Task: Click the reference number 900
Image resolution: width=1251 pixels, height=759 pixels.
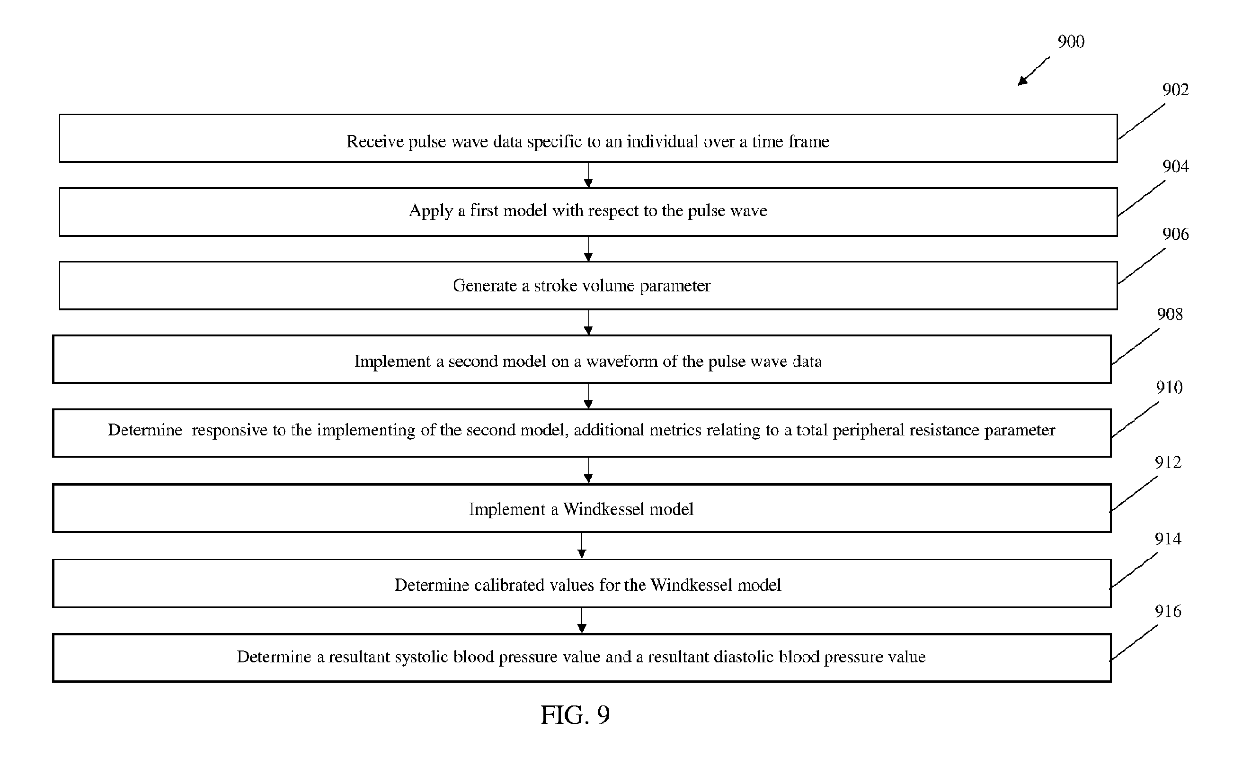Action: pyautogui.click(x=1071, y=41)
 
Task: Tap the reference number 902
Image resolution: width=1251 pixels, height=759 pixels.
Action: pyautogui.click(x=1175, y=90)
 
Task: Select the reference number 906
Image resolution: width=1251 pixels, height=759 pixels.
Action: pyautogui.click(x=1175, y=234)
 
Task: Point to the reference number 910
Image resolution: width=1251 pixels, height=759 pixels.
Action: pyautogui.click(x=1169, y=388)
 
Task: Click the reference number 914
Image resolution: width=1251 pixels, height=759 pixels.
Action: pyautogui.click(x=1168, y=539)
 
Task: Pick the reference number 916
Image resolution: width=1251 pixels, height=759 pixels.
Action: pyautogui.click(x=1168, y=611)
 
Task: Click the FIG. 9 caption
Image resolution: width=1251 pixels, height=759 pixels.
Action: pyautogui.click(x=575, y=715)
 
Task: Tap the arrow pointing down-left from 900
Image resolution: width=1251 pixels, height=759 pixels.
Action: pyautogui.click(x=1033, y=72)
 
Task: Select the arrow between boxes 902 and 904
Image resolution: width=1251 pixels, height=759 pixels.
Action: pyautogui.click(x=588, y=175)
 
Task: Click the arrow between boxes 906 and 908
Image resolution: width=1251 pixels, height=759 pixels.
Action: pyautogui.click(x=588, y=323)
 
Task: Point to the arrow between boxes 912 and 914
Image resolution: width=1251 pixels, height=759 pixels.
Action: pyautogui.click(x=582, y=546)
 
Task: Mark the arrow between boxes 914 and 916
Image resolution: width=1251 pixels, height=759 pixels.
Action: pyautogui.click(x=582, y=620)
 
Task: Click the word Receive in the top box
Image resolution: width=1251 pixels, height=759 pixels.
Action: pyautogui.click(x=375, y=141)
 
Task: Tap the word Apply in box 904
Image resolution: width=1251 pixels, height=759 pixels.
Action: pyautogui.click(x=431, y=211)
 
